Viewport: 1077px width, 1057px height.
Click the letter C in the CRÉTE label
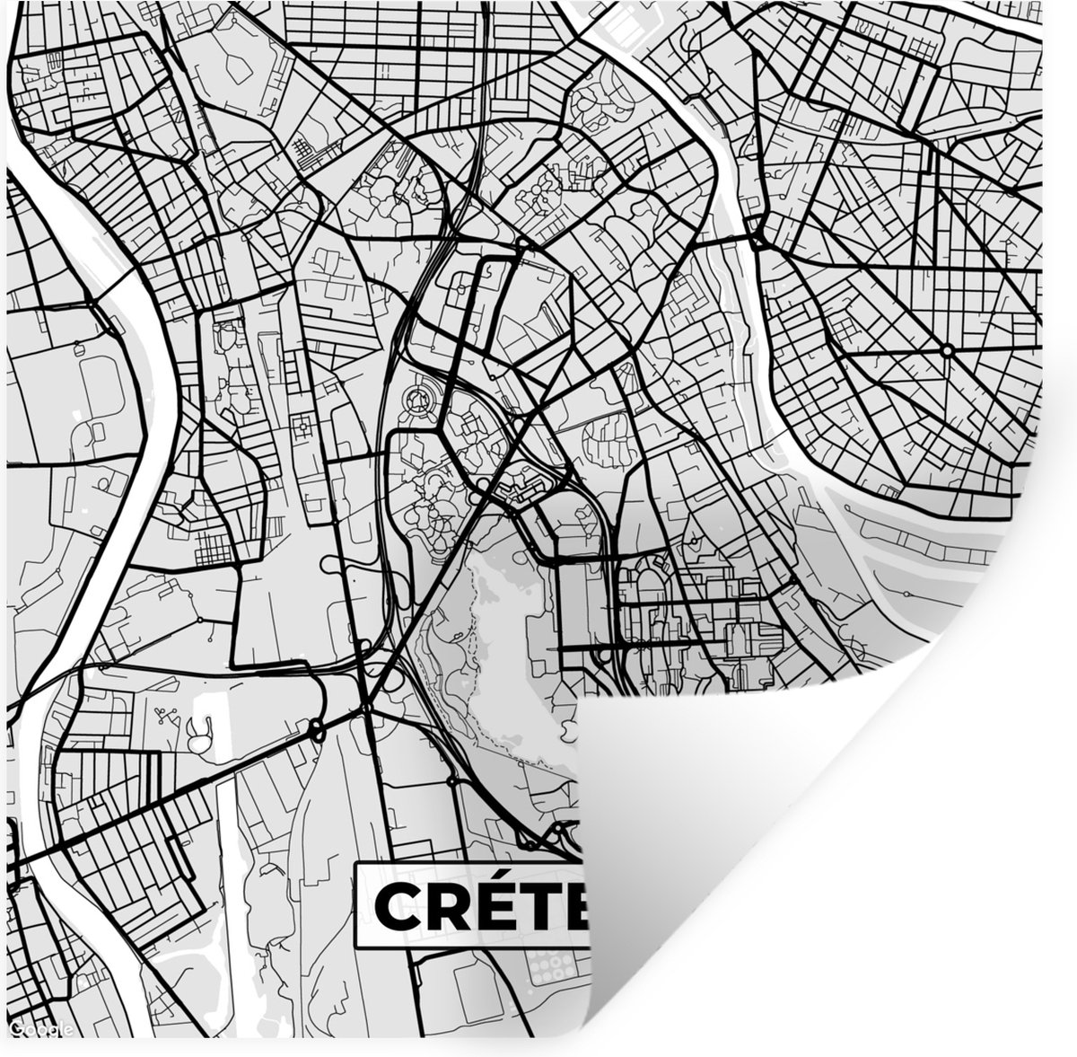click(396, 907)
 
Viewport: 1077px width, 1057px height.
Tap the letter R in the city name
click(443, 907)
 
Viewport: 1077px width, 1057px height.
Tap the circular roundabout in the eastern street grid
click(948, 348)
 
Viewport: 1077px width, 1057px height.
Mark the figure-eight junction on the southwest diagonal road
click(316, 729)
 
